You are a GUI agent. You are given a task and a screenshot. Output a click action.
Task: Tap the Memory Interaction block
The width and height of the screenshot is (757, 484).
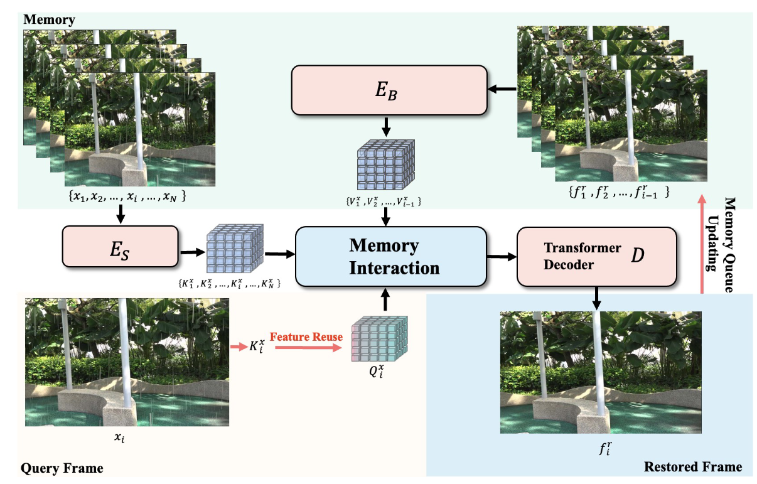[x=390, y=256]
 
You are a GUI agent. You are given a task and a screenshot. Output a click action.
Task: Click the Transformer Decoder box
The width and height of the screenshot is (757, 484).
[x=596, y=256]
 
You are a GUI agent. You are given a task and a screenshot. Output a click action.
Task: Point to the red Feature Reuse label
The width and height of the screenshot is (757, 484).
[x=306, y=337]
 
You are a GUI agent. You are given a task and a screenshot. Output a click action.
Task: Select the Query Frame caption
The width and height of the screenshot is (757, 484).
[x=62, y=468]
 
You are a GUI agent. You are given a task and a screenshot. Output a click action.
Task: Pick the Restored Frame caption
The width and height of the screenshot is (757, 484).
[x=692, y=466]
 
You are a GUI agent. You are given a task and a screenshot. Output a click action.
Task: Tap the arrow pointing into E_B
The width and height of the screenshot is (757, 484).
[x=502, y=89]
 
